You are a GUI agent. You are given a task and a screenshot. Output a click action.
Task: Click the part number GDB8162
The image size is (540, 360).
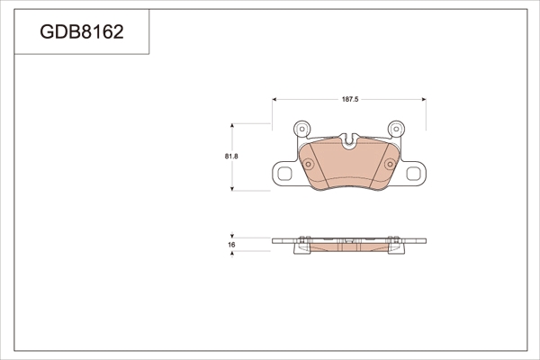pos(82,32)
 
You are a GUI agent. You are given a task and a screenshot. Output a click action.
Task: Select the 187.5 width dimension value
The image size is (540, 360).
pos(350,100)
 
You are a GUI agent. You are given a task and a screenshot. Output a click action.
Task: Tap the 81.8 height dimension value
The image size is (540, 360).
pos(231,157)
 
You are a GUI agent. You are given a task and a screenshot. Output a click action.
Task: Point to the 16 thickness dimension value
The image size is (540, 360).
pos(231,245)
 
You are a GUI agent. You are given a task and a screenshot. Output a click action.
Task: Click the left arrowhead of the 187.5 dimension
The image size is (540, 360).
pos(274,100)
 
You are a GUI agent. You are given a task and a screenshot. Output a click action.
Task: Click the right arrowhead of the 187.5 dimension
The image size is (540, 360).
pos(424,100)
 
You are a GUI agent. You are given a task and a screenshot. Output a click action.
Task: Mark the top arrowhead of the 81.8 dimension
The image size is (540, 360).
pos(232,126)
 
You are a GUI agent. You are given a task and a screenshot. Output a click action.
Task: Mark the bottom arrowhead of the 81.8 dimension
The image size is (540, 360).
pos(232,188)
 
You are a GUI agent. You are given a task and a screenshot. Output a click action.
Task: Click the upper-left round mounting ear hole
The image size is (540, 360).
pos(302,130)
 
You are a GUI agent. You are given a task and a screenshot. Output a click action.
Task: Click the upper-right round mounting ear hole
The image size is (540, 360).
pos(396,130)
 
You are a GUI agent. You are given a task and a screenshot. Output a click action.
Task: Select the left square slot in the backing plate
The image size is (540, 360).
pos(284,174)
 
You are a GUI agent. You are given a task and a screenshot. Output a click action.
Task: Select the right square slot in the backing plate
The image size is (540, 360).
pos(413,174)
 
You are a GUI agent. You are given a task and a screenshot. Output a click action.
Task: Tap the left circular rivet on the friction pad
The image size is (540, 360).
pos(308,164)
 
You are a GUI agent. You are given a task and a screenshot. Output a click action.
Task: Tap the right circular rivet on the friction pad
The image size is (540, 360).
pos(390,164)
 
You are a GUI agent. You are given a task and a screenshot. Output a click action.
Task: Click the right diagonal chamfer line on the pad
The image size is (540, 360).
pos(379,166)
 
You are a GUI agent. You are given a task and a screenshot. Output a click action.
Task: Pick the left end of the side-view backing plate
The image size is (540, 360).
pos(273,241)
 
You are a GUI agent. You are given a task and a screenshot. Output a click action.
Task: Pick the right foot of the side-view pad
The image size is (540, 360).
pos(395,249)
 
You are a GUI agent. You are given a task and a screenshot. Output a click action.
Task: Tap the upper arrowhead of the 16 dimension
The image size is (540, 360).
pos(232,236)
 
